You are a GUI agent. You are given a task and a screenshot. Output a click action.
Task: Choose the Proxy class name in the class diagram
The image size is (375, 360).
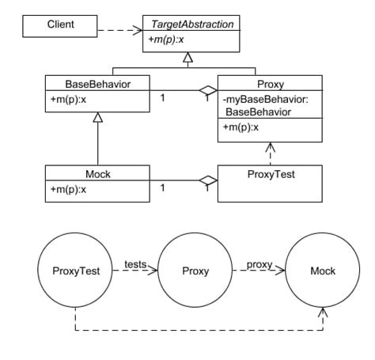point(270,82)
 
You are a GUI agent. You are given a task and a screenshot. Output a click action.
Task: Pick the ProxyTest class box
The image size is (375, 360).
point(270,181)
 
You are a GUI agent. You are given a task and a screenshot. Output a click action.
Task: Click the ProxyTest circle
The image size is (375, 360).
point(76,271)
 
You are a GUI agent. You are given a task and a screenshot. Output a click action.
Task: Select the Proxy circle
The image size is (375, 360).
point(195,271)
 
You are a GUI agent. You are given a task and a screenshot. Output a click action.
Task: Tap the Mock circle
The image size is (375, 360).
point(322,271)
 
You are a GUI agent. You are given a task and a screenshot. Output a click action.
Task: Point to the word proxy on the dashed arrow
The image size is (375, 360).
point(259,264)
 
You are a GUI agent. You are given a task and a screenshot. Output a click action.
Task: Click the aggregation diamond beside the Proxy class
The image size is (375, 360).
point(208,90)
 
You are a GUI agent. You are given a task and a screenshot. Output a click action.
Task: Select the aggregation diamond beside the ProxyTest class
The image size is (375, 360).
point(208,181)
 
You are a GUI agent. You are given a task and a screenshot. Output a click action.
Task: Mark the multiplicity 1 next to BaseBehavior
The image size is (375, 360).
point(162,98)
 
